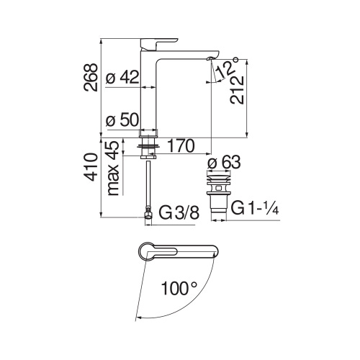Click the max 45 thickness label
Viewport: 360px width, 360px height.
pos(112,168)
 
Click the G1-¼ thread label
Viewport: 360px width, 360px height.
pos(256,209)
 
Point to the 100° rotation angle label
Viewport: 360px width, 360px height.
pos(179,289)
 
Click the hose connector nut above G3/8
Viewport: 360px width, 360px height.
pos(148,212)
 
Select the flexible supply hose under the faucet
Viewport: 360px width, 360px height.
pos(148,184)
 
